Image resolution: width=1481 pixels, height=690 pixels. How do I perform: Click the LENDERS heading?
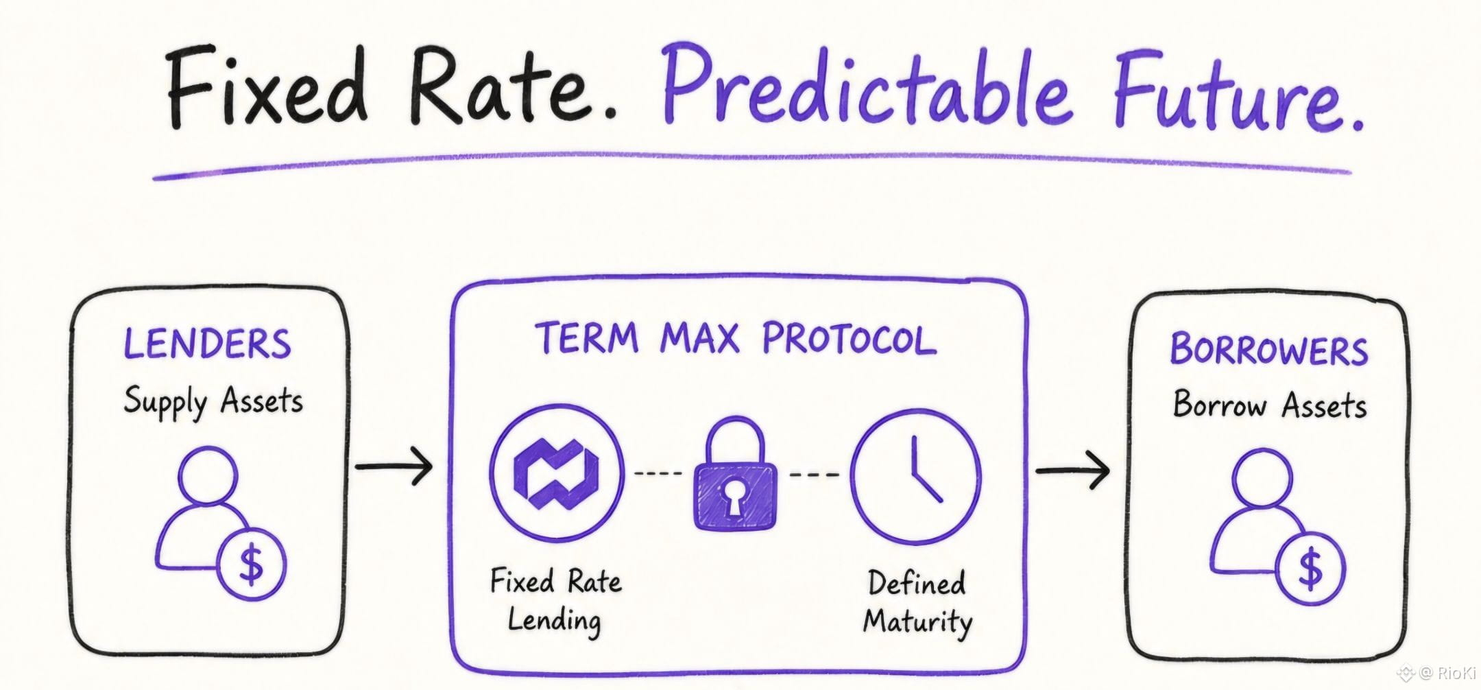point(207,344)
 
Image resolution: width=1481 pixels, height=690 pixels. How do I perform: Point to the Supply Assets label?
point(213,402)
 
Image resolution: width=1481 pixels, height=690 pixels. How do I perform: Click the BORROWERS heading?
point(1268,349)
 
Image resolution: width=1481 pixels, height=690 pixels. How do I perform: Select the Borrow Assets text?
point(1269,404)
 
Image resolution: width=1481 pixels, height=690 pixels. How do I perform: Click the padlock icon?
point(736,474)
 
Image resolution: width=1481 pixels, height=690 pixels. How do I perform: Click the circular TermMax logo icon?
point(557,473)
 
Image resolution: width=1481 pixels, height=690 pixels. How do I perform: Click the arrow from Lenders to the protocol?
point(394,466)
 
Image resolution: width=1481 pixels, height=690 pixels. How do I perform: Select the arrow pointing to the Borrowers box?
point(1072,471)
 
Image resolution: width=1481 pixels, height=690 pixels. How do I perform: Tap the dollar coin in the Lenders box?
point(251,564)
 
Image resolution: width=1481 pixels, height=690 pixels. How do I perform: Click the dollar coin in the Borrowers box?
point(1310,569)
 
